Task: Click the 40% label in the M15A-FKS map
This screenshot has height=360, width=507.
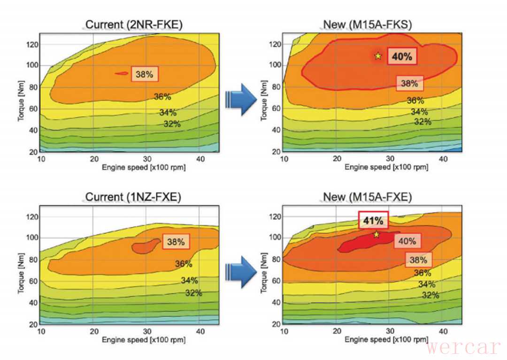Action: (x=401, y=57)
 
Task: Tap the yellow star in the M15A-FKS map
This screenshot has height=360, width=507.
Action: (x=378, y=56)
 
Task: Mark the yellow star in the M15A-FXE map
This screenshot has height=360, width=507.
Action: (x=376, y=234)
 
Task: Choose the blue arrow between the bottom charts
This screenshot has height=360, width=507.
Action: (x=240, y=272)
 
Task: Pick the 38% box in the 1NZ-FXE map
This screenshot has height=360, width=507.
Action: (x=176, y=242)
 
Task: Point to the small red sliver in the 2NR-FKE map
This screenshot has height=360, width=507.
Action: (x=122, y=73)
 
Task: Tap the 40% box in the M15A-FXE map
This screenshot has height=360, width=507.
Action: (x=407, y=241)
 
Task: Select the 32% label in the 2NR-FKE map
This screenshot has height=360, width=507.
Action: (x=172, y=124)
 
